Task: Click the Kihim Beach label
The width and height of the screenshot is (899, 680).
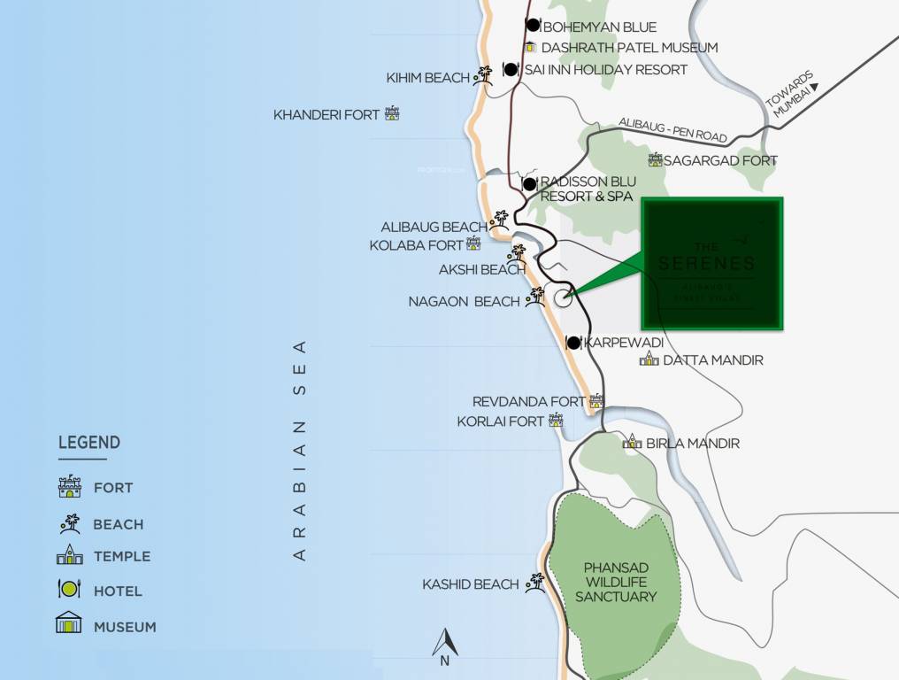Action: click(428, 78)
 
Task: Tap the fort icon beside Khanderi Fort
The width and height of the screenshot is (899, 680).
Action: click(391, 114)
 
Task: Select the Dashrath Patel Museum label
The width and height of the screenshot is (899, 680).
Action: click(629, 48)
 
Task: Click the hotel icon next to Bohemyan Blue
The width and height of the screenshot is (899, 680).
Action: click(533, 26)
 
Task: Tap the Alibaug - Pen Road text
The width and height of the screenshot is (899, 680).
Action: click(672, 130)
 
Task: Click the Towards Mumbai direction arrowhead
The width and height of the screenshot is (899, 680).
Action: click(815, 87)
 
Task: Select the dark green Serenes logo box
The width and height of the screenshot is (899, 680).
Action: click(712, 264)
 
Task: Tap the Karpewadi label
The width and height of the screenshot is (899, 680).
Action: click(623, 342)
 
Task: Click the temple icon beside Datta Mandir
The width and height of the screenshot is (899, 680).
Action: click(649, 359)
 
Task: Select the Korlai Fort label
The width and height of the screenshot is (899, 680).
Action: click(501, 421)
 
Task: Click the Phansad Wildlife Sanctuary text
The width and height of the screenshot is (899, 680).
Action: click(616, 582)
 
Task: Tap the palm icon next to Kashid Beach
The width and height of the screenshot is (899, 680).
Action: click(534, 583)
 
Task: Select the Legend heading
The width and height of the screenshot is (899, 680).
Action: click(89, 443)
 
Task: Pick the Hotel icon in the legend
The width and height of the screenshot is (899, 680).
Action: click(69, 589)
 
